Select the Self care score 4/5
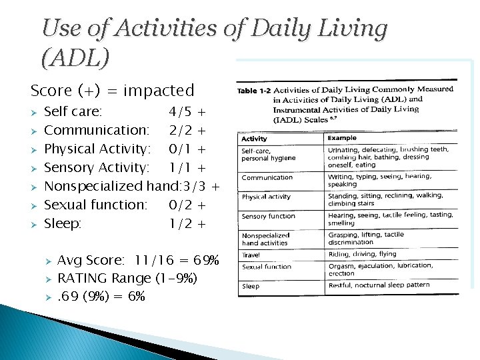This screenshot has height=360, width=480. click(181, 111)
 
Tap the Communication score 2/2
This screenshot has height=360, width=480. click(181, 129)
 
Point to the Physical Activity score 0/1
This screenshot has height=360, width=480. click(181, 148)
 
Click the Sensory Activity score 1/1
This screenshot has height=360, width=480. click(181, 167)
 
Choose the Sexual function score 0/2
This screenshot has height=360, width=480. click(181, 205)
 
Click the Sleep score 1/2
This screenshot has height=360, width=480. click(181, 223)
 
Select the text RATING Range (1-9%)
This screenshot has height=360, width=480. click(128, 278)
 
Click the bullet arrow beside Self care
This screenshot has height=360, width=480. click(35, 111)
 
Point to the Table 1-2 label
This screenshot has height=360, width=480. click(254, 91)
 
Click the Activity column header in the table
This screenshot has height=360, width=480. click(254, 139)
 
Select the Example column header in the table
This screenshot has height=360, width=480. click(342, 138)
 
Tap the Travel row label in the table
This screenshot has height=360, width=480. click(251, 255)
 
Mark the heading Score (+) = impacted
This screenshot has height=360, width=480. click(112, 90)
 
